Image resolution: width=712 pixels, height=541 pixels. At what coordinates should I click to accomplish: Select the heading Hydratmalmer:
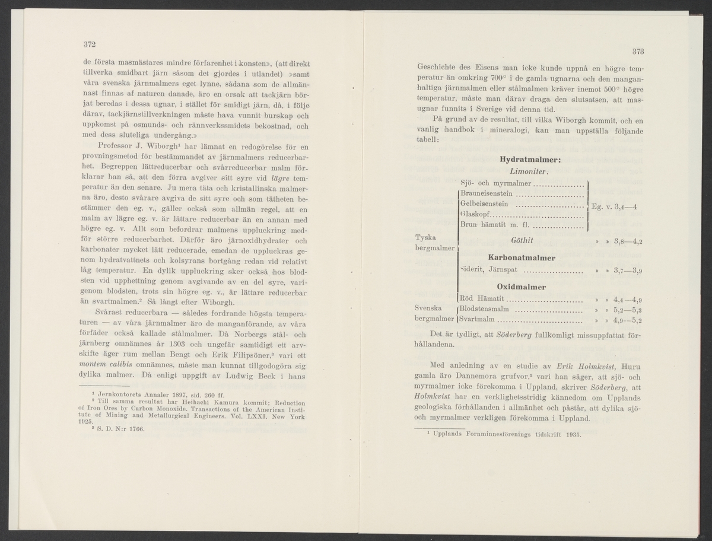(530, 160)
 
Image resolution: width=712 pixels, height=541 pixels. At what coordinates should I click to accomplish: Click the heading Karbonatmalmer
(521, 258)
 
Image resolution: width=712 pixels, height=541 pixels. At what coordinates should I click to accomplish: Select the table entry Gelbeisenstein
(484, 204)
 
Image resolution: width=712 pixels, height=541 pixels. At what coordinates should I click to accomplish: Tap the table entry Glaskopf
(476, 215)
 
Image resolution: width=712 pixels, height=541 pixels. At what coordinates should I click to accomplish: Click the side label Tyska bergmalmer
(437, 241)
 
